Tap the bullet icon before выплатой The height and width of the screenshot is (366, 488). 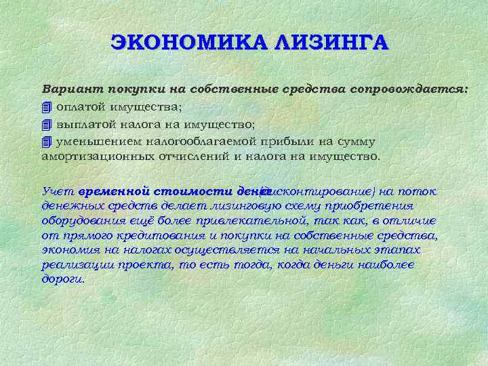click(46, 124)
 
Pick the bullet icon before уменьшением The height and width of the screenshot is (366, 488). click(46, 142)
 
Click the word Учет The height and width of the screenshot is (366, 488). click(57, 190)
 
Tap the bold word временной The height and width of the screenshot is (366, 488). click(114, 190)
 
